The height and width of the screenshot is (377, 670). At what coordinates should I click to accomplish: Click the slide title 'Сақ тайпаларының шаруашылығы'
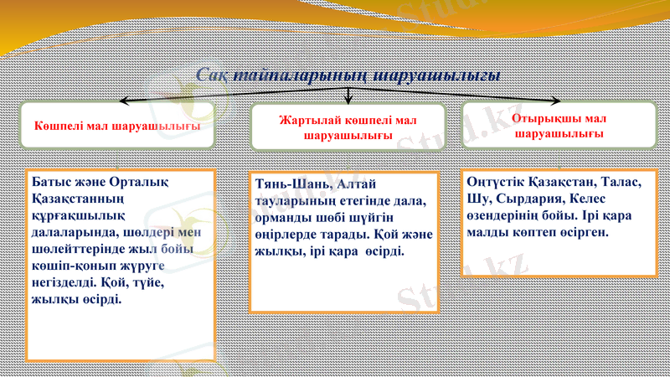[349, 75]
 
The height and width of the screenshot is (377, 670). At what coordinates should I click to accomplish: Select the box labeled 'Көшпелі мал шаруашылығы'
[117, 126]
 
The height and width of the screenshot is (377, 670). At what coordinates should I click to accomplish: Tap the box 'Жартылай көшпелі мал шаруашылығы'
[348, 127]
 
